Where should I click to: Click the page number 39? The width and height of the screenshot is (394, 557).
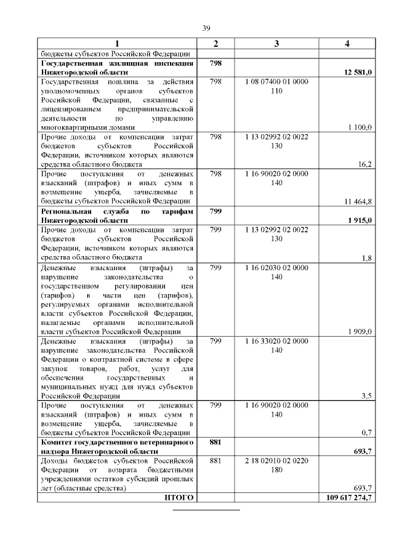207,28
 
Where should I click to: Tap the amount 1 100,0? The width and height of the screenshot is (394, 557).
360,127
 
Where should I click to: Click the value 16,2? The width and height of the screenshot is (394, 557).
364,164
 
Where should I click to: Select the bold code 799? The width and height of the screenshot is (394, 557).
215,211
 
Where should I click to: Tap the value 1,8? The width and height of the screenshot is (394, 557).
366,257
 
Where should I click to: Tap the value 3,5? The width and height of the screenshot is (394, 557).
366,396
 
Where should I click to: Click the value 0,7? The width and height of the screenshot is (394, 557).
366,433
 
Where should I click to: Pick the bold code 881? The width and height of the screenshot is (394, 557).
215,442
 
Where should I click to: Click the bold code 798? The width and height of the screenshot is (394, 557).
215,63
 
